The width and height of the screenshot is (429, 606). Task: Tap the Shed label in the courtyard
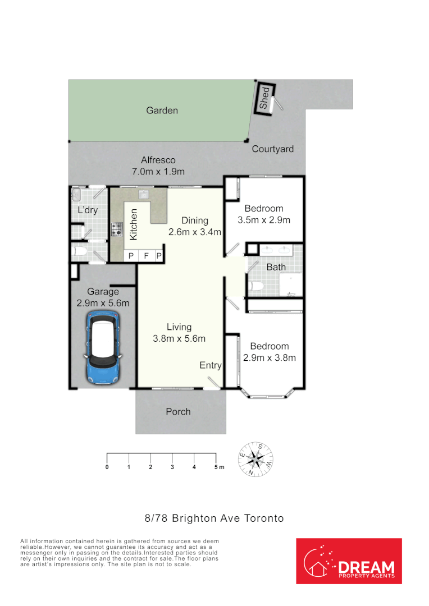[264, 99]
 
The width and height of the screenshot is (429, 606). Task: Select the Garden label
[162, 111]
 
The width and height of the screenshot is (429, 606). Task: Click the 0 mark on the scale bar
[107, 467]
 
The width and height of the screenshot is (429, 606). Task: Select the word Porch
[178, 412]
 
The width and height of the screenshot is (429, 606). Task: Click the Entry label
[211, 365]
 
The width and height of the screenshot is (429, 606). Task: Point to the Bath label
[276, 267]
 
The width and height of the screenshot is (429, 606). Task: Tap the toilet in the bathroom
[257, 287]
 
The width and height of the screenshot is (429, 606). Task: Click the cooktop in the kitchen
[117, 229]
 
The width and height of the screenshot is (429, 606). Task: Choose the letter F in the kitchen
[145, 256]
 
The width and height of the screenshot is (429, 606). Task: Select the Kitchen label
[134, 225]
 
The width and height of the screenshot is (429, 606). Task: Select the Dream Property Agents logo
[349, 561]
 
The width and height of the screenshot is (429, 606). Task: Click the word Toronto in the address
[264, 518]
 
